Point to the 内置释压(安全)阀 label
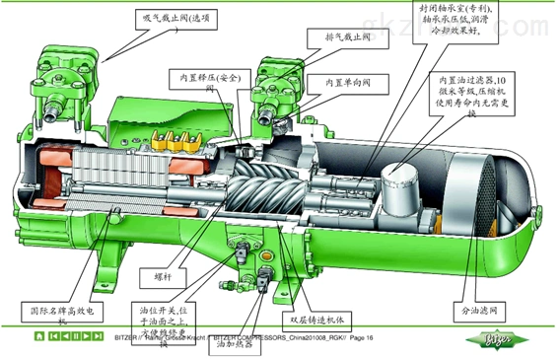[208, 83]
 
